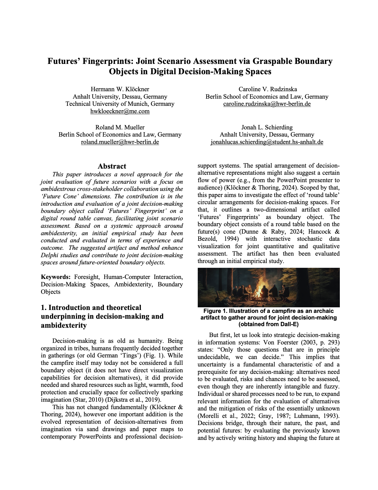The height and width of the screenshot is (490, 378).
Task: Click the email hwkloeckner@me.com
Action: point(120,111)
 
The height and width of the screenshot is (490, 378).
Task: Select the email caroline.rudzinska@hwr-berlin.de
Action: point(267,104)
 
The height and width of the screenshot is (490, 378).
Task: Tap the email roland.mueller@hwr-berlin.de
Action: point(120,142)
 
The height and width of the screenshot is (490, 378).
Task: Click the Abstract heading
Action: point(112,166)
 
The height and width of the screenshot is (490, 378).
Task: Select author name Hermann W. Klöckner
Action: point(120,89)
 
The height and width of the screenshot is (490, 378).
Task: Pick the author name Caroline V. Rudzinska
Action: point(267,89)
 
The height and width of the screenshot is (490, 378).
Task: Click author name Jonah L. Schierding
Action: point(267,127)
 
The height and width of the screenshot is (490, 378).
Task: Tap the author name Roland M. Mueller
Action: point(120,127)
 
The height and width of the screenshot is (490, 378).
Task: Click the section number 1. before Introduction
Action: point(44,308)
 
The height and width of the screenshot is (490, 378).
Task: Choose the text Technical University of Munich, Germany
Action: point(120,104)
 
